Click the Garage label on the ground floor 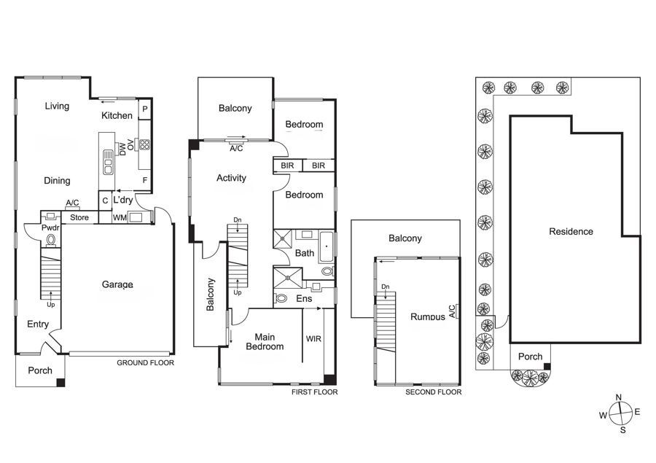pyautogui.click(x=117, y=284)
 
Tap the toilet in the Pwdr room pyautogui.click(x=50, y=240)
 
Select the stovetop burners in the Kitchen pyautogui.click(x=145, y=144)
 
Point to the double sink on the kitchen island pyautogui.click(x=108, y=162)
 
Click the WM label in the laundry pyautogui.click(x=120, y=218)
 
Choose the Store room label pyautogui.click(x=79, y=217)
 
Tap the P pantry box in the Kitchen pyautogui.click(x=145, y=109)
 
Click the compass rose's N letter pyautogui.click(x=619, y=397)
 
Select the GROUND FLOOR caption pyautogui.click(x=145, y=363)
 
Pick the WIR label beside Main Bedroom pyautogui.click(x=313, y=338)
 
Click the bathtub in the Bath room pyautogui.click(x=327, y=246)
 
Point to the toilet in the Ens pyautogui.click(x=281, y=298)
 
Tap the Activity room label pyautogui.click(x=231, y=178)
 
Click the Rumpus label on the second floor pyautogui.click(x=428, y=317)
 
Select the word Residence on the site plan pyautogui.click(x=571, y=232)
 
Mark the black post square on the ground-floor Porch pyautogui.click(x=60, y=383)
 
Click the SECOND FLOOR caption pyautogui.click(x=434, y=392)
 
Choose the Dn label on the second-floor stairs pyautogui.click(x=386, y=287)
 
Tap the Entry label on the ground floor pyautogui.click(x=38, y=324)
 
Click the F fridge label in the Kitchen pyautogui.click(x=145, y=180)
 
